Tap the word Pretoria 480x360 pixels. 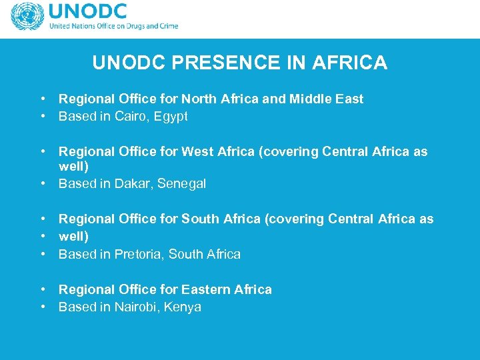[138, 254]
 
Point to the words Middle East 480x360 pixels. [326, 99]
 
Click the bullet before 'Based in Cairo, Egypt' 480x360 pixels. [42, 117]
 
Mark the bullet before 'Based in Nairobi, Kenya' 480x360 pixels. [42, 307]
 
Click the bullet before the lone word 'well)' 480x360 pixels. [42, 237]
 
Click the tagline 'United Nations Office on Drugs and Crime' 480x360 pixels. [113, 27]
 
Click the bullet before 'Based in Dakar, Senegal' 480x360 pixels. [42, 184]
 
